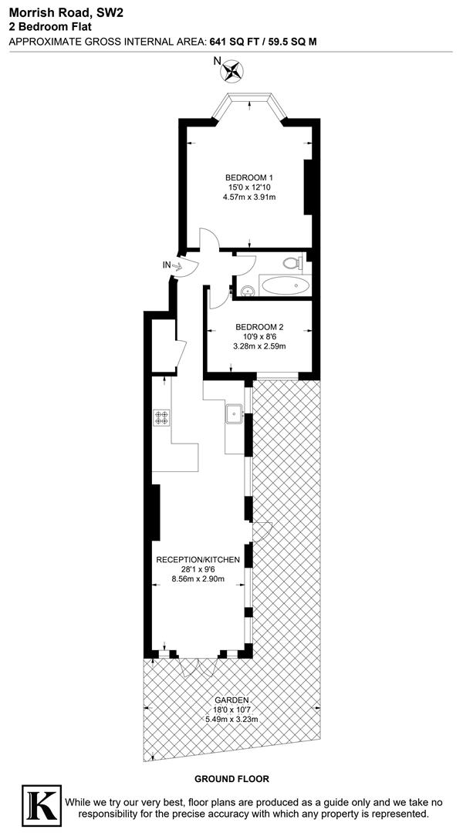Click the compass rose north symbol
(x=231, y=72)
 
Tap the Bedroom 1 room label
(x=248, y=177)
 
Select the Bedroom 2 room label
(x=259, y=326)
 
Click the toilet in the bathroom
(x=292, y=262)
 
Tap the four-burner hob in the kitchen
(x=162, y=417)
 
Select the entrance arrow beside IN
(x=176, y=266)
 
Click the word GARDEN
(x=232, y=700)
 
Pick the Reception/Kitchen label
(x=198, y=559)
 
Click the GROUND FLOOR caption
(x=231, y=779)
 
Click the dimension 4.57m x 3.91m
(x=248, y=197)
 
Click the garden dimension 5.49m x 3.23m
(x=231, y=720)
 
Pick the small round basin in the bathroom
(x=248, y=292)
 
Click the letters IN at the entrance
(x=165, y=265)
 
